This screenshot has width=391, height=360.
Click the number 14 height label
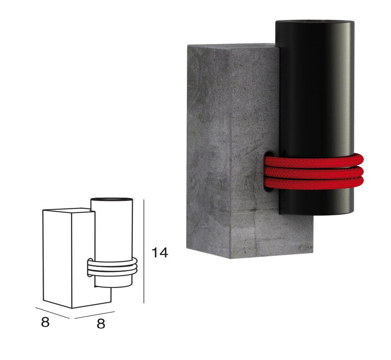[x=160, y=252]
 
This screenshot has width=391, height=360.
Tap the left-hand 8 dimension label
[x=45, y=322]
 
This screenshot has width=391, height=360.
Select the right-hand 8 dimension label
[x=101, y=324]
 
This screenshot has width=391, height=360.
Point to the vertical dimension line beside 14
[x=144, y=251]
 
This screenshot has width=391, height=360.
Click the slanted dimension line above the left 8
[x=53, y=313]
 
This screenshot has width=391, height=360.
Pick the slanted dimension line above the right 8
[x=95, y=315]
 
